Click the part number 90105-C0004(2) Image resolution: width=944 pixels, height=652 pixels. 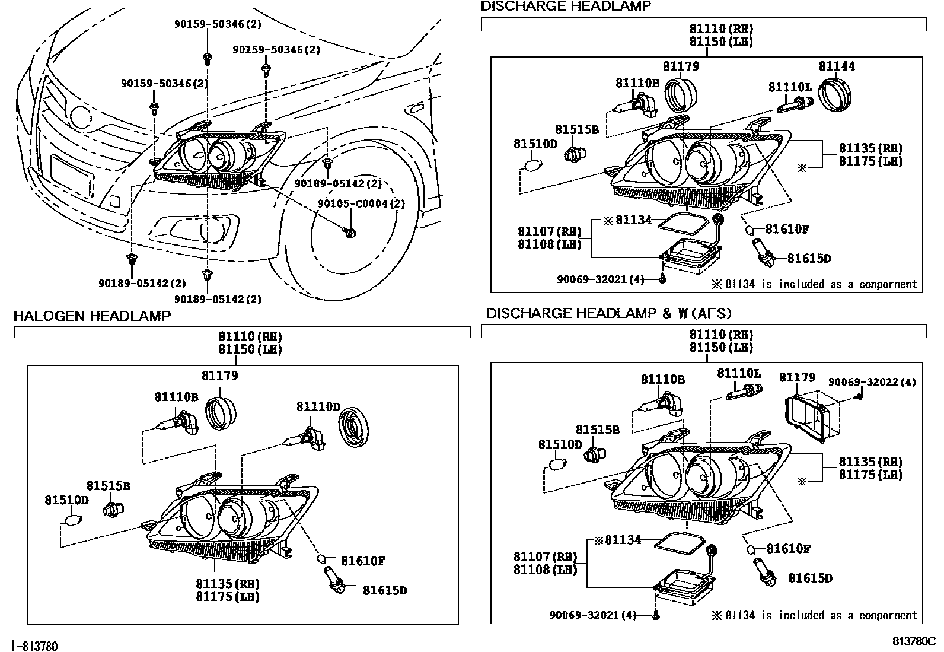pyautogui.click(x=361, y=203)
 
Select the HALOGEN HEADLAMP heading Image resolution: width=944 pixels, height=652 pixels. pyautogui.click(x=92, y=316)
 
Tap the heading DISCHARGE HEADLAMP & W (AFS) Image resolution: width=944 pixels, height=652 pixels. pyautogui.click(x=609, y=313)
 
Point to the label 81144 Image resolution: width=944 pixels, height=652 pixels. pyautogui.click(x=837, y=66)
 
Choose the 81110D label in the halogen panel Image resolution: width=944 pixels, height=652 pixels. pyautogui.click(x=318, y=407)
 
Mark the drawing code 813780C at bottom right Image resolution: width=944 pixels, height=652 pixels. pyautogui.click(x=914, y=641)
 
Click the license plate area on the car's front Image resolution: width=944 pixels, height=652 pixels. pyautogui.click(x=71, y=175)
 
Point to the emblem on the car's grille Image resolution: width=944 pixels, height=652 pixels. pyautogui.click(x=80, y=116)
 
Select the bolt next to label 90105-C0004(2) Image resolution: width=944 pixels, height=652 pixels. pyautogui.click(x=349, y=231)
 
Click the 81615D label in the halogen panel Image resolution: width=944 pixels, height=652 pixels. pyautogui.click(x=385, y=590)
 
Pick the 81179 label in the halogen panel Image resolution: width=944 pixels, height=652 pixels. pyautogui.click(x=219, y=376)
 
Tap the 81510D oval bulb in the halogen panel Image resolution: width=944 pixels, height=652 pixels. pyautogui.click(x=72, y=521)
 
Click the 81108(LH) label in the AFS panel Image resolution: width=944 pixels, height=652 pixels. pyautogui.click(x=545, y=570)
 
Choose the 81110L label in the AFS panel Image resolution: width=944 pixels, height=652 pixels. pyautogui.click(x=739, y=373)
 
